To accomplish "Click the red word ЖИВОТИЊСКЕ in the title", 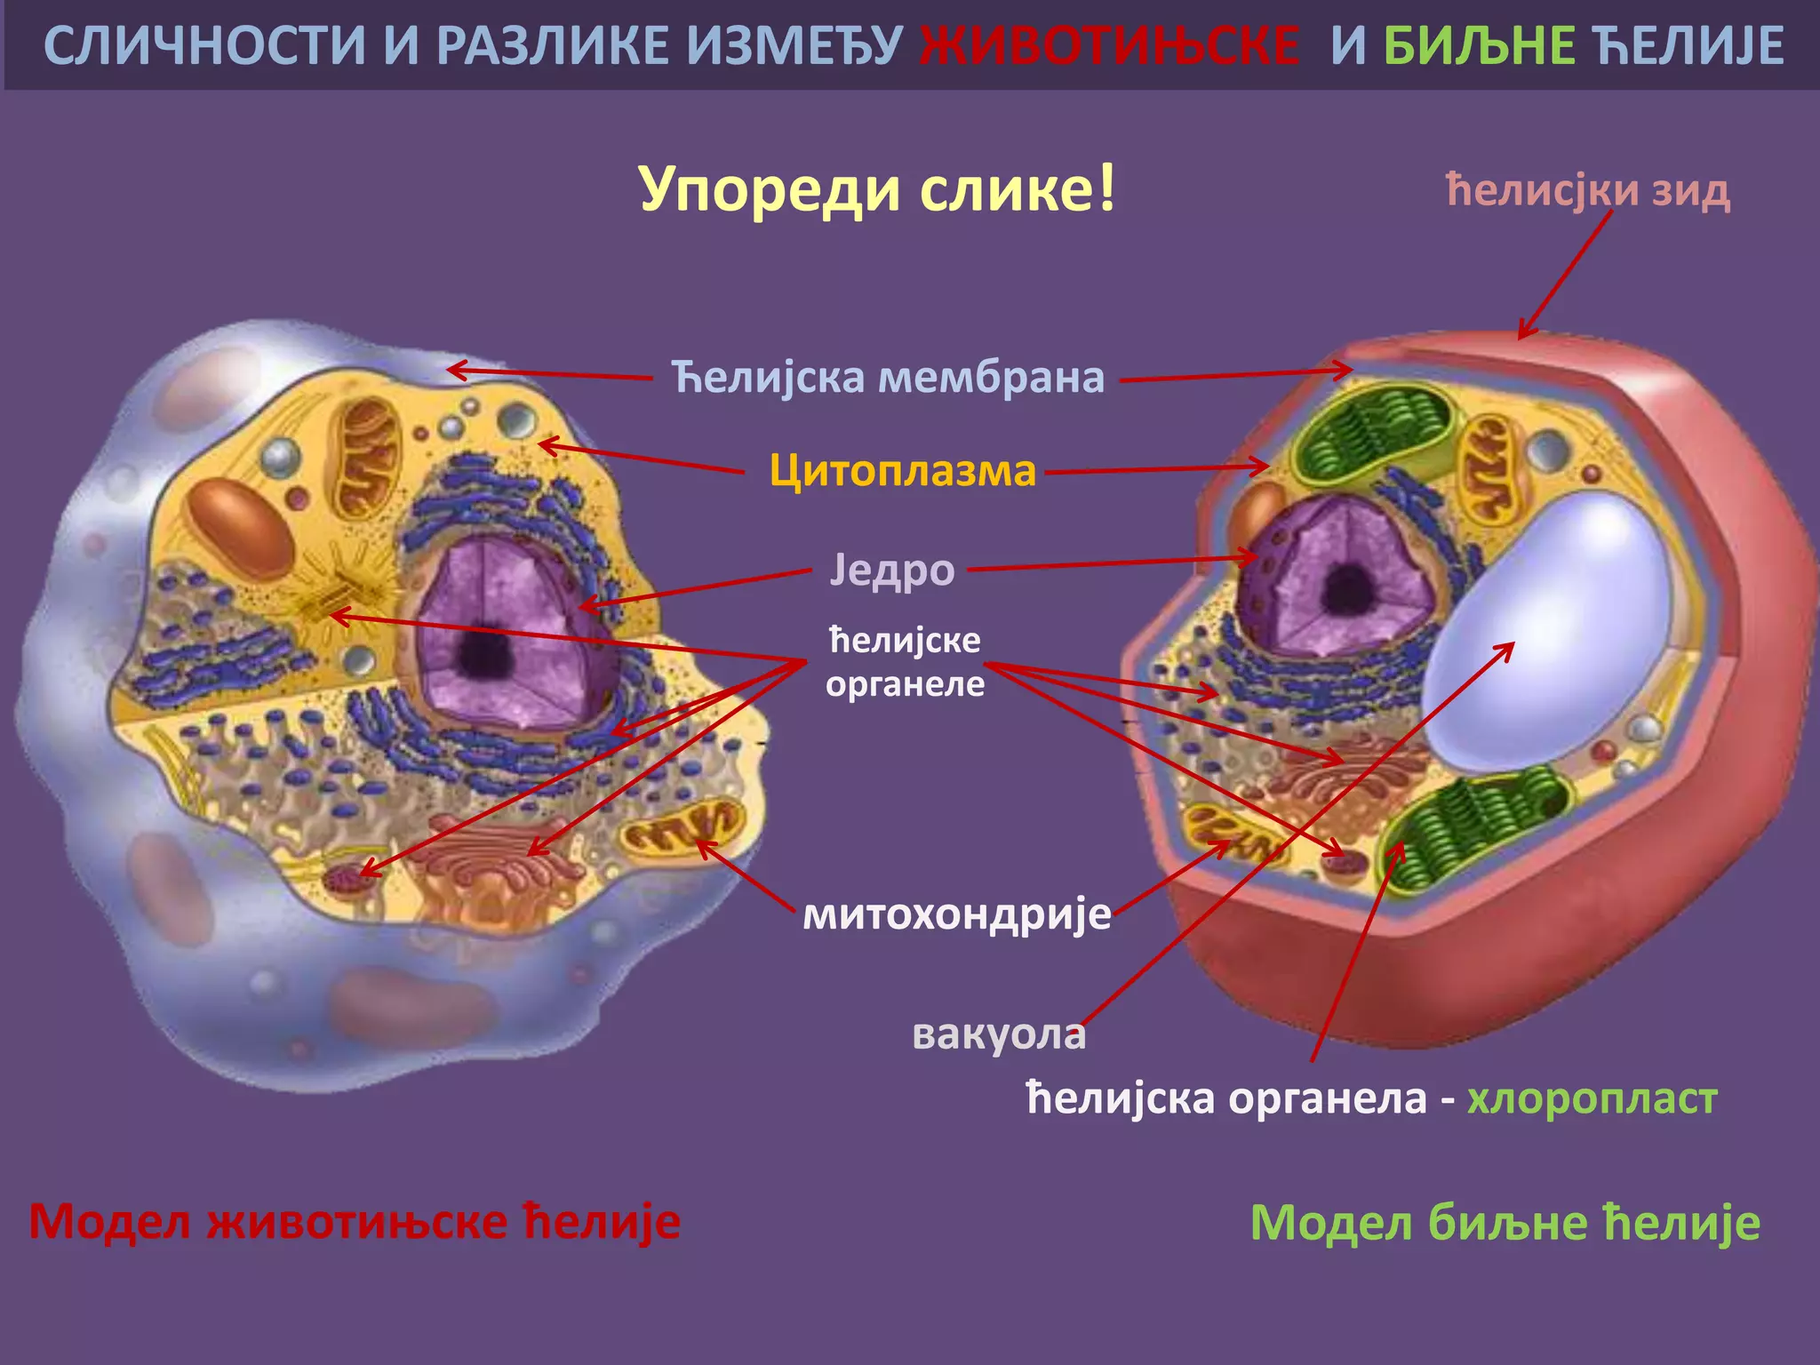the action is (x=1109, y=46).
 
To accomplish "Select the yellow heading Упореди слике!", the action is (x=877, y=189).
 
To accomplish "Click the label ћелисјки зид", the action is (x=1588, y=190).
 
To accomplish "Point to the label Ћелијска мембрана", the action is (x=888, y=377).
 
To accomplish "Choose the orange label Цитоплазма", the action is (x=903, y=470).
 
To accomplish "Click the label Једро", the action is (x=892, y=570).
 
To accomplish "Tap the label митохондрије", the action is (x=957, y=914).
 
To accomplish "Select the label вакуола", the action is (x=999, y=1034).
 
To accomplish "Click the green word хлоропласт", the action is (x=1592, y=1099).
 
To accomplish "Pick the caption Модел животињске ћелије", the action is (x=355, y=1221).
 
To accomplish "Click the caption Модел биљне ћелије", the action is (x=1505, y=1223).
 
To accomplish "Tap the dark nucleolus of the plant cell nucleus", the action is (x=1350, y=588).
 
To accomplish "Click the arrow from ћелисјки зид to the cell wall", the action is (x=1565, y=275).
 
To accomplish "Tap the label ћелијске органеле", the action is (x=905, y=662).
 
